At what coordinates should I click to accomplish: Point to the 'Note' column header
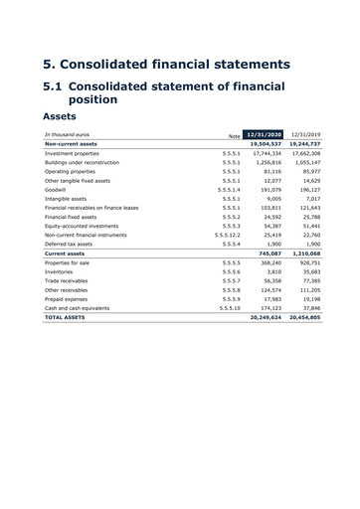point(234,134)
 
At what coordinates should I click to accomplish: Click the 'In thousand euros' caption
point(69,133)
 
